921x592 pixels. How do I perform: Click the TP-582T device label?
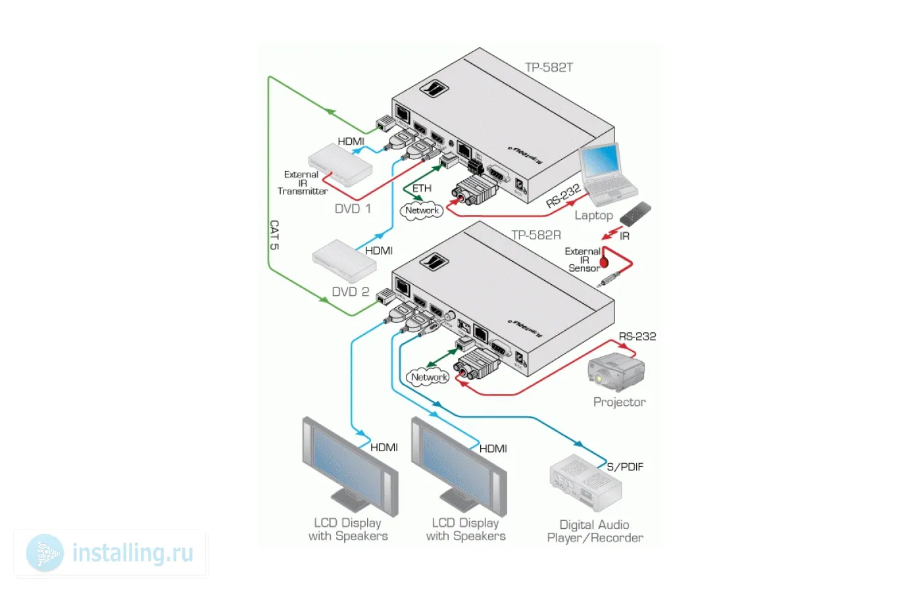pyautogui.click(x=549, y=67)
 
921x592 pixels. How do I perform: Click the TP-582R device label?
pyautogui.click(x=536, y=235)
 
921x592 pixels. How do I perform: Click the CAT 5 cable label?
pyautogui.click(x=274, y=235)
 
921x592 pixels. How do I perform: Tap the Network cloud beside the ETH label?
pyautogui.click(x=422, y=210)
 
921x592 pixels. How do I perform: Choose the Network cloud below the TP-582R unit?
pyautogui.click(x=429, y=378)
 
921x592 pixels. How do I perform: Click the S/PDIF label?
pyautogui.click(x=625, y=466)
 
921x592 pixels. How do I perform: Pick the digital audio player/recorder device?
pyautogui.click(x=585, y=483)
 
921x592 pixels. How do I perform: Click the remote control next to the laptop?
pyautogui.click(x=635, y=213)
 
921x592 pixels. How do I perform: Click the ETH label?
pyautogui.click(x=422, y=189)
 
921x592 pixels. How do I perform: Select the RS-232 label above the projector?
pyautogui.click(x=637, y=336)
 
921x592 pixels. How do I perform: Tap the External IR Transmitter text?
pyautogui.click(x=302, y=183)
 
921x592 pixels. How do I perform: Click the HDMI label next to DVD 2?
pyautogui.click(x=378, y=251)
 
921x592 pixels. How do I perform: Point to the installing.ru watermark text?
pyautogui.click(x=132, y=553)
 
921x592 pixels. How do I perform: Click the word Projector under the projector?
pyautogui.click(x=619, y=402)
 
